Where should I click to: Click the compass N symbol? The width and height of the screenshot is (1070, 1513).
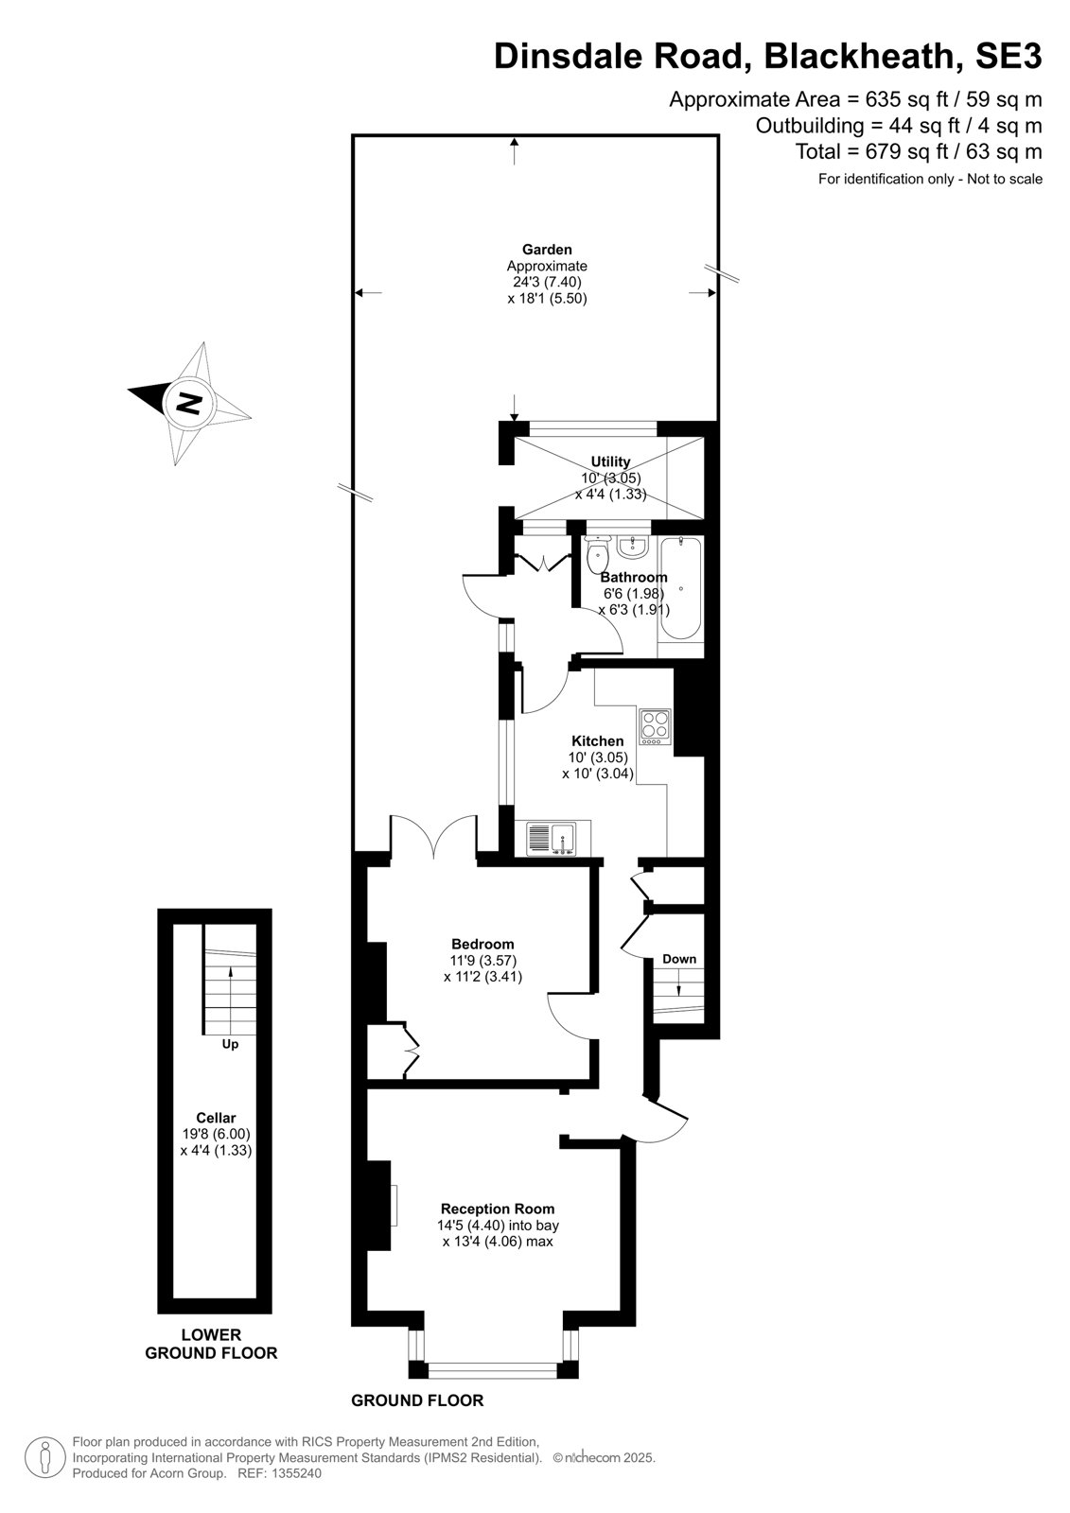tap(189, 403)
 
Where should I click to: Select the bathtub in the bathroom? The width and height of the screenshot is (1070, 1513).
tap(680, 587)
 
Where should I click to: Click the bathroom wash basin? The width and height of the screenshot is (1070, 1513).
tap(633, 548)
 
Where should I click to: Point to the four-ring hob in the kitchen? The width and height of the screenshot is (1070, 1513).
tap(655, 727)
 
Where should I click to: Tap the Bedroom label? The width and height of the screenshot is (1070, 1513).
tap(482, 944)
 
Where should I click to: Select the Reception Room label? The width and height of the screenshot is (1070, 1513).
tap(498, 1209)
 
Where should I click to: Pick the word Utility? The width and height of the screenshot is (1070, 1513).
tap(610, 461)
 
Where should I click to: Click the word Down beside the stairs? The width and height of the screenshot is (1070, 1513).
tap(679, 959)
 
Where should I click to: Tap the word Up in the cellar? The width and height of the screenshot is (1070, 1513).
tap(231, 1044)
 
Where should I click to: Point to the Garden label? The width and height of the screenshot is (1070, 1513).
tap(547, 250)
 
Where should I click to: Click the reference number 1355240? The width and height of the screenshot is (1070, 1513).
tap(295, 1473)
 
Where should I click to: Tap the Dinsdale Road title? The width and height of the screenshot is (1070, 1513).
tap(622, 56)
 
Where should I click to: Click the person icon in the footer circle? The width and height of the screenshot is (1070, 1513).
tap(45, 1458)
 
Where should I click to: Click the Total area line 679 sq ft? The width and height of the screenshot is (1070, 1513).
tap(919, 151)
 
